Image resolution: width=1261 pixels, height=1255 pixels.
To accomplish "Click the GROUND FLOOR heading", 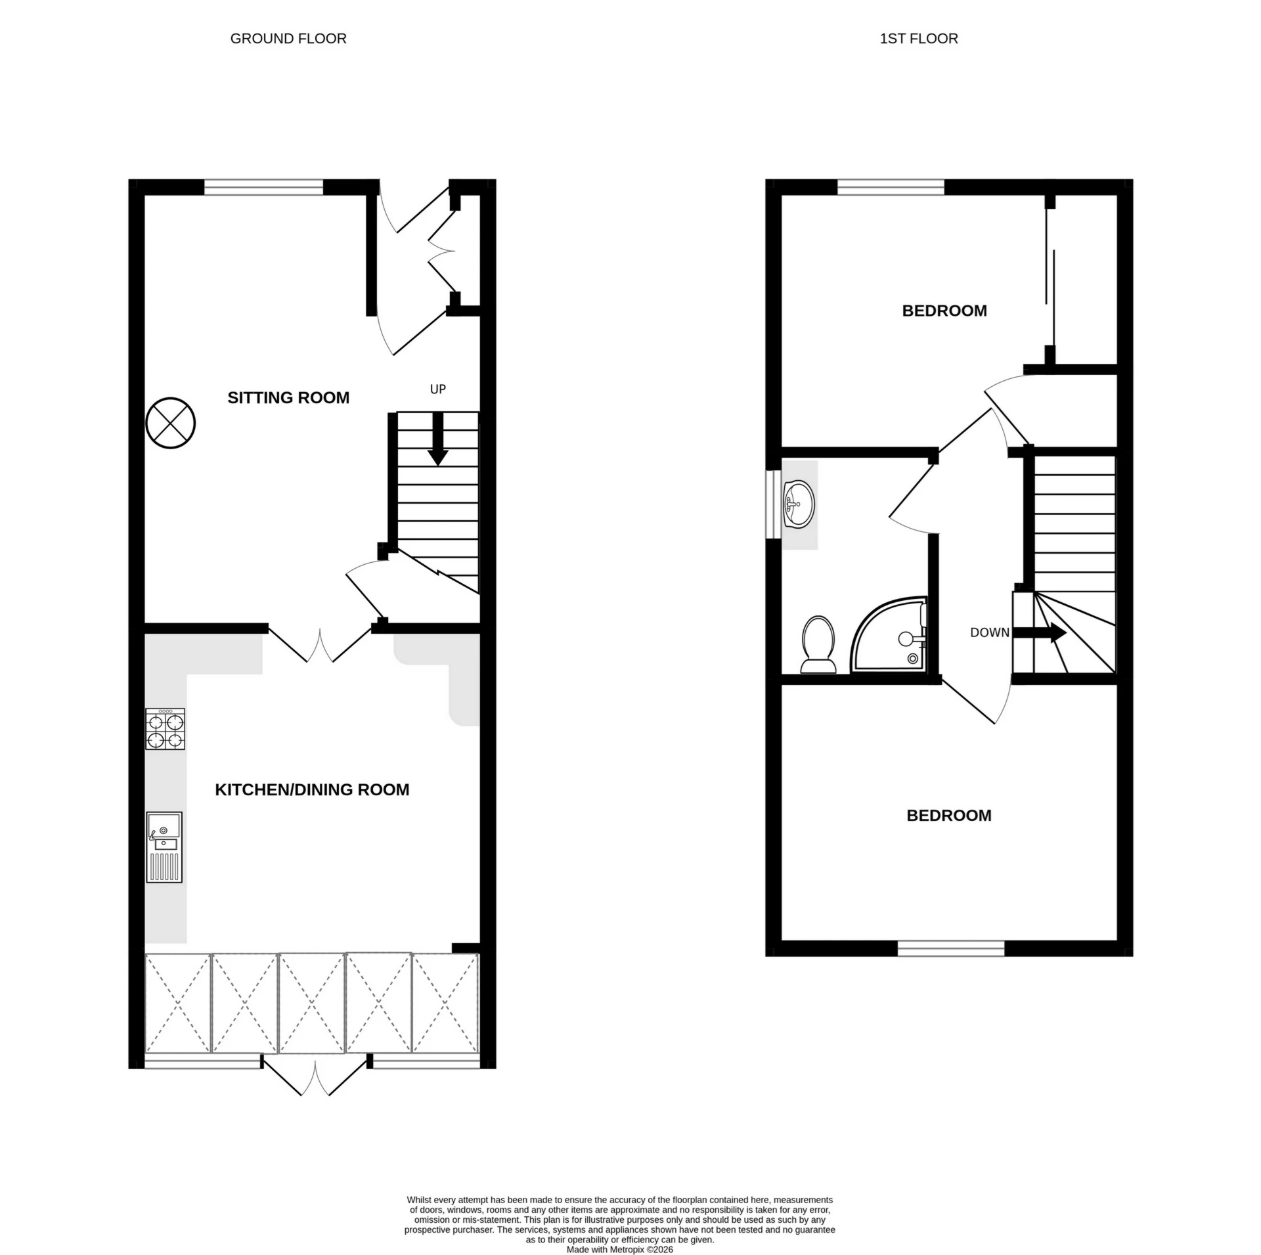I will coord(288,39).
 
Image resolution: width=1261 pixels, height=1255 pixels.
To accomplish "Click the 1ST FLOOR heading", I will coord(918,39).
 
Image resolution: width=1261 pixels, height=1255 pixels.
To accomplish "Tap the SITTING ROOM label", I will coord(288,397).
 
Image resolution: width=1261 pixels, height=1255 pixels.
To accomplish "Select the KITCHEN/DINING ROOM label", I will coord(312,789).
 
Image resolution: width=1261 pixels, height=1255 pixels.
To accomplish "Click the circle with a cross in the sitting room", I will coord(171,423).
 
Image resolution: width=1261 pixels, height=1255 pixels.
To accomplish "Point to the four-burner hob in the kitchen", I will coord(165,729).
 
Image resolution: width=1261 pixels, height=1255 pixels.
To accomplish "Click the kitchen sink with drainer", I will coord(164,847).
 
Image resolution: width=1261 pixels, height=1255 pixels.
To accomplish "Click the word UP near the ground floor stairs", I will coord(437,389).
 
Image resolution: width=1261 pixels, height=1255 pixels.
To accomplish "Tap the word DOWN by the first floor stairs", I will coord(989,632).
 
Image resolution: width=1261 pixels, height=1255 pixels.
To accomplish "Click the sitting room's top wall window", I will coord(263,187).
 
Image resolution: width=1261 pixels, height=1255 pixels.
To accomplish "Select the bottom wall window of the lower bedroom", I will coord(951,948).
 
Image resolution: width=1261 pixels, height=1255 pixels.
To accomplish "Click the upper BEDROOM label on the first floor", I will coord(944,311).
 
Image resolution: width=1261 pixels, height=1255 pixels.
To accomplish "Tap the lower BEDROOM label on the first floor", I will coord(948,815).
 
